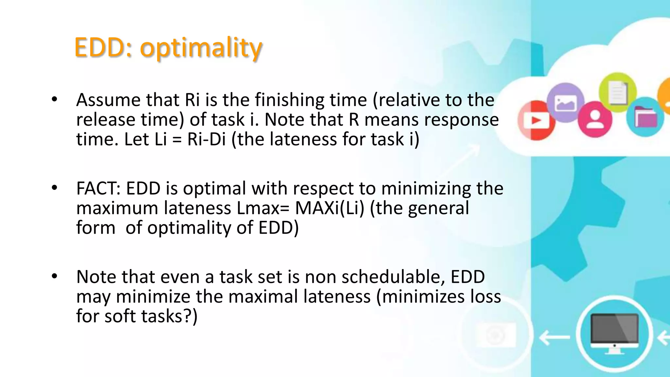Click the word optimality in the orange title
point(201,48)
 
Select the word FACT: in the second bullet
point(97,188)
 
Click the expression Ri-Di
point(206,139)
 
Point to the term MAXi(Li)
point(329,208)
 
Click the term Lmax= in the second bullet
point(263,208)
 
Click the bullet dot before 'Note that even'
point(55,277)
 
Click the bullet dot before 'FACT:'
point(55,188)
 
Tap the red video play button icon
point(536,121)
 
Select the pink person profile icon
point(595,119)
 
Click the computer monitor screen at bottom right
point(614,329)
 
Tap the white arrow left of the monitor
point(554,337)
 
